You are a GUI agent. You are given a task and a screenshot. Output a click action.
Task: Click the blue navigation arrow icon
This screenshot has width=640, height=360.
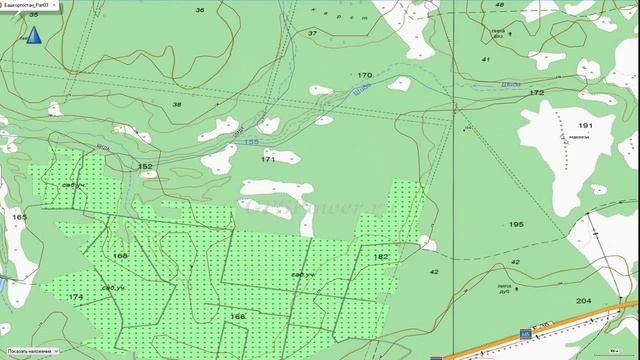click(x=33, y=36)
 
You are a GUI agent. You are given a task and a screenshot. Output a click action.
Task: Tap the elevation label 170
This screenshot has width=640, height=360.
click(x=364, y=75)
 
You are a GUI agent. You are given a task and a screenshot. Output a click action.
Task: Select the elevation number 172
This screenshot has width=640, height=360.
click(x=537, y=92)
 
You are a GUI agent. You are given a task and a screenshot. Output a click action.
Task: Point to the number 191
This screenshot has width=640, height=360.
click(x=585, y=125)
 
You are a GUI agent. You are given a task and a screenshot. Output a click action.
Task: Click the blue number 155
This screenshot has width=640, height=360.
click(x=253, y=143)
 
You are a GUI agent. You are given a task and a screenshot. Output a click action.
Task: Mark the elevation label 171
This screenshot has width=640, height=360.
click(x=268, y=159)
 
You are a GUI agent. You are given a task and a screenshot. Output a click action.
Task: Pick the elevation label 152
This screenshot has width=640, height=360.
click(x=145, y=166)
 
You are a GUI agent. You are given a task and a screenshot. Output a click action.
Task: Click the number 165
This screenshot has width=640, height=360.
click(x=19, y=216)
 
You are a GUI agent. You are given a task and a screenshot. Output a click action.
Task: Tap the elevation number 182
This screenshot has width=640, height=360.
click(x=380, y=257)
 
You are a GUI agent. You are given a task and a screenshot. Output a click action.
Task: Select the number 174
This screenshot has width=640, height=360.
click(x=76, y=297)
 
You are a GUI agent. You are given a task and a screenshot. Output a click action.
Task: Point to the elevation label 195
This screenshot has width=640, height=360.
click(x=516, y=224)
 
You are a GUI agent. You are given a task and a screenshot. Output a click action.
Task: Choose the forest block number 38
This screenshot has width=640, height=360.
click(x=178, y=104)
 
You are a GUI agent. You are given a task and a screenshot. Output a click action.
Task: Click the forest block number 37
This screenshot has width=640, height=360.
click(x=312, y=33)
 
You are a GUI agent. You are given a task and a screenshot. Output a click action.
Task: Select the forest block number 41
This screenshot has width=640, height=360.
click(x=486, y=60)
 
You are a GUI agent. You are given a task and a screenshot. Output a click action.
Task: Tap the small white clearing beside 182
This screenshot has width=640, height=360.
click(x=428, y=243)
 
